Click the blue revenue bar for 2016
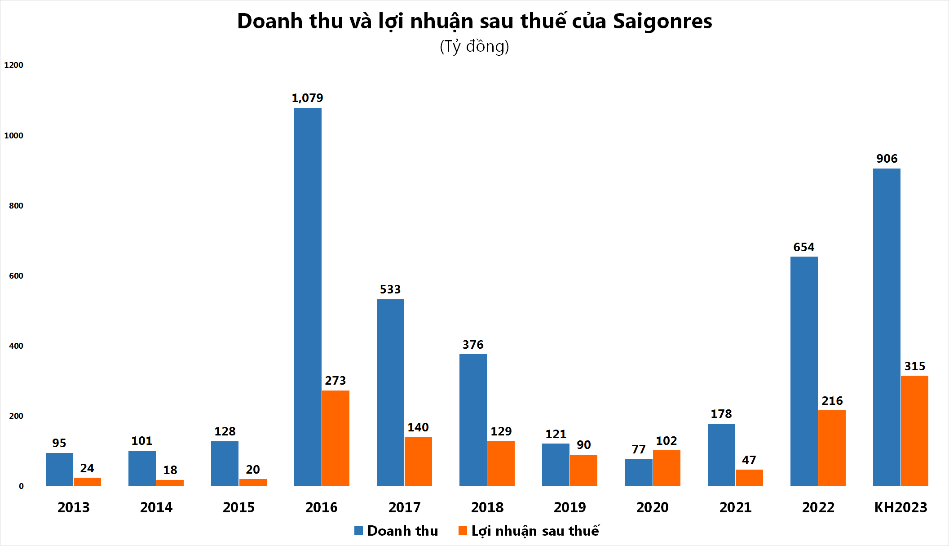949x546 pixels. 308,297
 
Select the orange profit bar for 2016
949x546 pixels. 335,438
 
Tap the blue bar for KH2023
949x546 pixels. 887,327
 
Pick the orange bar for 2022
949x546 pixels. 832,448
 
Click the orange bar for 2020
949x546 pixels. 667,468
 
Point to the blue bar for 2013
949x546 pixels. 59,469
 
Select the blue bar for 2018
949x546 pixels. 473,420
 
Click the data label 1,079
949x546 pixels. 307,98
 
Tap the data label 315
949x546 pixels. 915,366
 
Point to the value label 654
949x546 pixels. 803,247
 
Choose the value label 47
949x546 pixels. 749,460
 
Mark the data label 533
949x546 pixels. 390,289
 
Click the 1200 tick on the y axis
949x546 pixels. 13,65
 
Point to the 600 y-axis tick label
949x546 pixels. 16,276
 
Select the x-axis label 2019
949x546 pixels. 569,507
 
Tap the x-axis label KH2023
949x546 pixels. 900,507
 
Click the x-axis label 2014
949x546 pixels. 156,507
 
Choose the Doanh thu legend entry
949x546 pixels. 396,531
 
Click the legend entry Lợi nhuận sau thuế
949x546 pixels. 529,531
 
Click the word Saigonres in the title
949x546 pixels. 662,21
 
